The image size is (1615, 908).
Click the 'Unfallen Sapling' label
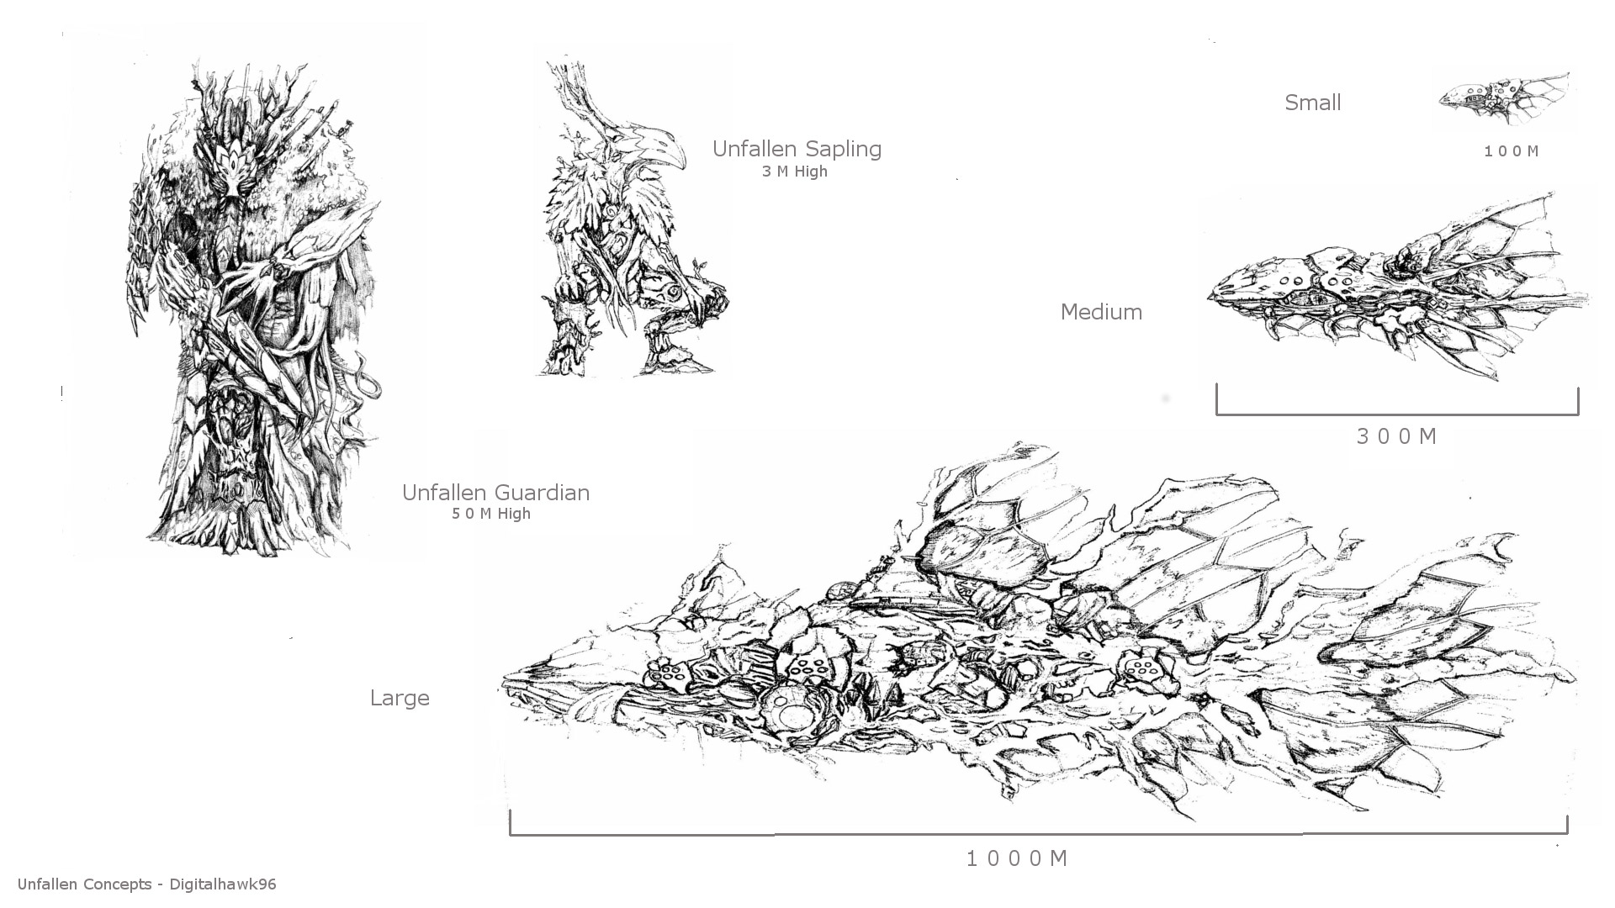[x=797, y=149]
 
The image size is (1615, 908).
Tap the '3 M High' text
[x=795, y=172]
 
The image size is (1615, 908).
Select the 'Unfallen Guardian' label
[x=495, y=493]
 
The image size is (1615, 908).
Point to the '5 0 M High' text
[x=491, y=514]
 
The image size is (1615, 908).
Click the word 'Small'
[x=1312, y=103]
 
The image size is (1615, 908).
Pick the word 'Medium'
[x=1101, y=312]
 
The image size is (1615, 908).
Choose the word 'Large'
[x=400, y=699]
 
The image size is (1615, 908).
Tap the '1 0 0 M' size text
[x=1512, y=151]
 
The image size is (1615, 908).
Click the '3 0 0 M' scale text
[x=1397, y=436]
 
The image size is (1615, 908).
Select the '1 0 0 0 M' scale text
[x=1017, y=858]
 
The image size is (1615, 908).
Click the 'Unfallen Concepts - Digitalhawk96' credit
[x=146, y=884]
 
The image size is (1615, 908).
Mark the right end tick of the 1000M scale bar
[x=1566, y=825]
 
